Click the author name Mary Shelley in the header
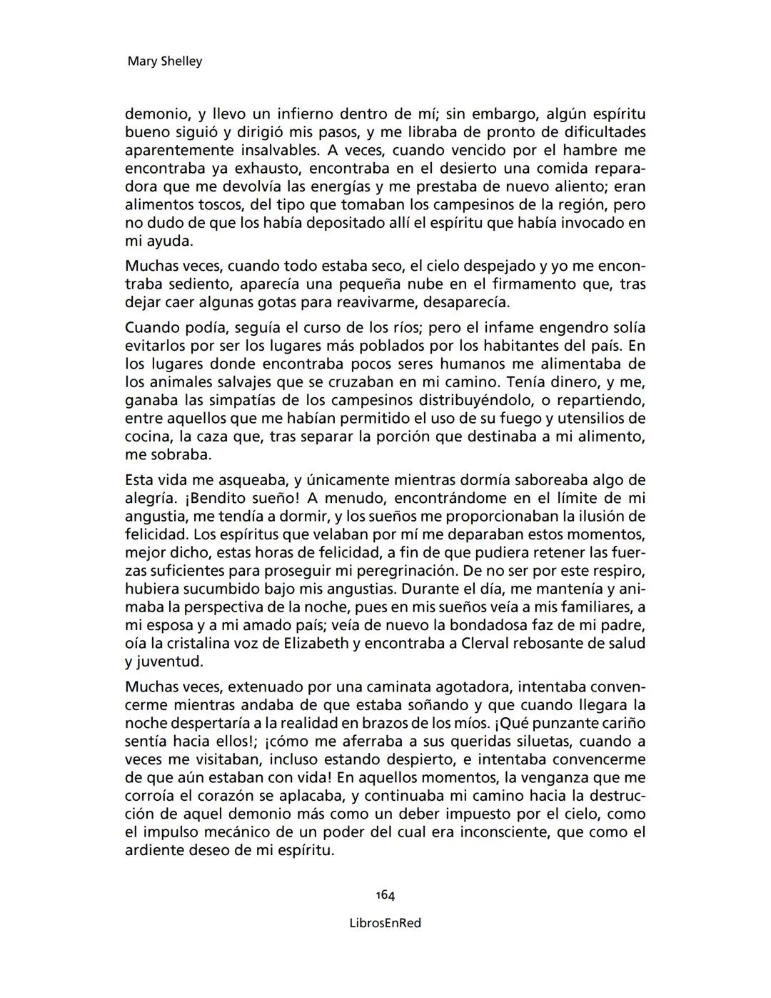click(164, 61)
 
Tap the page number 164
click(385, 895)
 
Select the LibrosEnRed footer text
click(385, 923)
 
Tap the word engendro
click(548, 328)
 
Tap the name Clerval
click(468, 643)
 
